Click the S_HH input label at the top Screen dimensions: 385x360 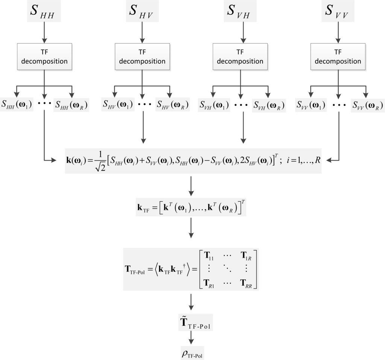click(x=44, y=12)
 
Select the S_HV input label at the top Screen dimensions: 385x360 click(x=142, y=12)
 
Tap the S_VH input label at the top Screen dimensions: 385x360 click(x=240, y=12)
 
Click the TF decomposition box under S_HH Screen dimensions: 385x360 click(x=44, y=56)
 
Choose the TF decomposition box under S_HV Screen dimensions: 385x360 click(x=142, y=56)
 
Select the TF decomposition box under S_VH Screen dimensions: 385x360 click(x=240, y=56)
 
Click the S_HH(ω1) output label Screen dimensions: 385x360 click(x=17, y=105)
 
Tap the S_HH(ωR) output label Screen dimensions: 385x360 click(x=71, y=105)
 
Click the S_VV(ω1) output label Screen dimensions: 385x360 click(x=311, y=105)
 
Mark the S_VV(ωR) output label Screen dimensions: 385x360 click(x=366, y=105)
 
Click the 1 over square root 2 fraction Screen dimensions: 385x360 click(x=100, y=160)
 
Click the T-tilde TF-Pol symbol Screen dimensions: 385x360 click(x=196, y=324)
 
